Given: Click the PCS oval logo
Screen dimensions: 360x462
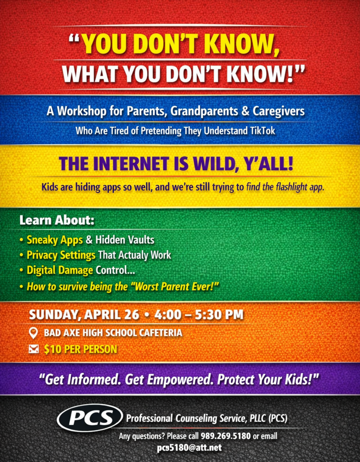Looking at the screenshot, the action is [x=90, y=418].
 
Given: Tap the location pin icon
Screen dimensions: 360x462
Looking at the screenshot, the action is [x=33, y=333].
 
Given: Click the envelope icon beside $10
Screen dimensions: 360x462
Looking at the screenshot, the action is [x=33, y=349].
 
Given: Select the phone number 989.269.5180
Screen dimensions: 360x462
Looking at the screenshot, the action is [x=226, y=436].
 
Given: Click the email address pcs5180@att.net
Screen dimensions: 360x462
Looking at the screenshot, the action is [x=189, y=448].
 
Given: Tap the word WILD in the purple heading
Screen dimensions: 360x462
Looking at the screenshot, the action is [x=215, y=164].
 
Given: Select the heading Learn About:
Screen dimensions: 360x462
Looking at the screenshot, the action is [x=57, y=220].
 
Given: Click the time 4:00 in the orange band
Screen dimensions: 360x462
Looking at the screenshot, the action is [x=168, y=315].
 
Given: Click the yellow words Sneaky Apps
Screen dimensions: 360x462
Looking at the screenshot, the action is [x=55, y=240].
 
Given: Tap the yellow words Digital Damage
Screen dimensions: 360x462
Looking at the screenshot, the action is [x=60, y=271].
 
